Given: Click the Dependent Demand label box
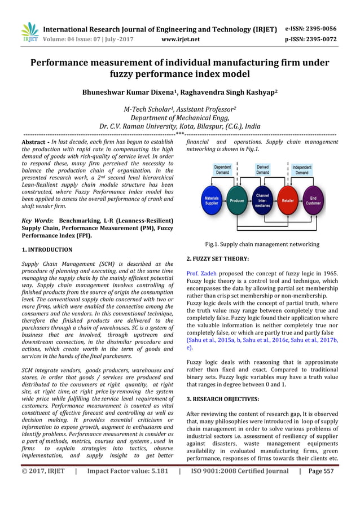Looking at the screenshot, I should [x=222, y=170].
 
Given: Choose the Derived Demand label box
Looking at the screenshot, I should [x=262, y=170].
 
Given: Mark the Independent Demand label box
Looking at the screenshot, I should [x=302, y=170].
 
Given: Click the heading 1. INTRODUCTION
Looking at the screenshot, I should [x=47, y=249].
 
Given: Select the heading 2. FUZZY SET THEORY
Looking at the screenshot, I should [x=217, y=258].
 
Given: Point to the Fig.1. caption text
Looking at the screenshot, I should [x=262, y=244].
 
